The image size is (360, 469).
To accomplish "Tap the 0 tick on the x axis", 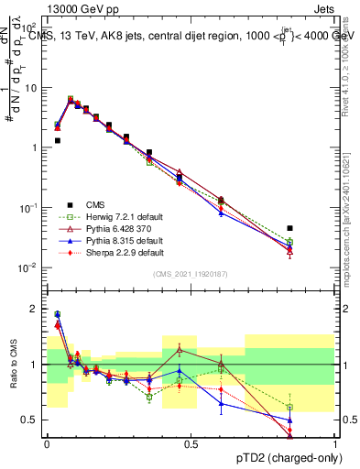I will pyautogui.click(x=47, y=443).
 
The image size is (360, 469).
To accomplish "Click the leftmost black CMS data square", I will pyautogui.click(x=57, y=140).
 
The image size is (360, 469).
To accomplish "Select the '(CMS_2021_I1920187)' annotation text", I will pyautogui.click(x=191, y=275).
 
